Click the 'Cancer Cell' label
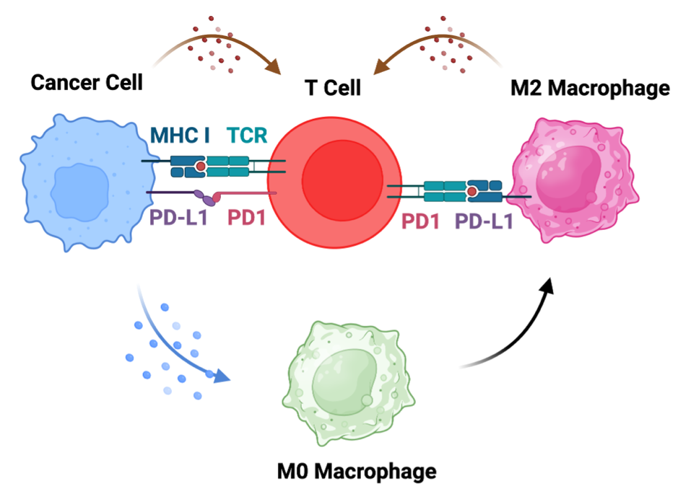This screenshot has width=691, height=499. click(x=87, y=82)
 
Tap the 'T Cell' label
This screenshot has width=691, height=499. click(x=331, y=89)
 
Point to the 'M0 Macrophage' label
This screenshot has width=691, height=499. click(x=357, y=472)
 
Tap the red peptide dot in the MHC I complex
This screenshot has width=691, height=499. click(x=200, y=167)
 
